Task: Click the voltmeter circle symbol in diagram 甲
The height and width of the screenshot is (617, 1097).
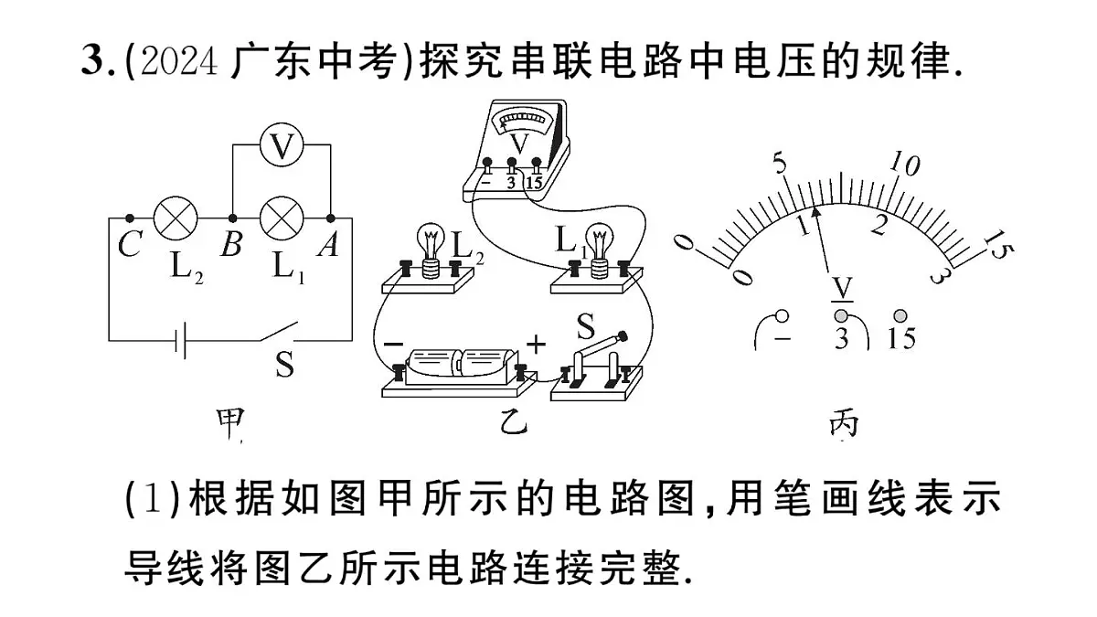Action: (282, 144)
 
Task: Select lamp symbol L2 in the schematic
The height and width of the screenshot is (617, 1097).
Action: (176, 218)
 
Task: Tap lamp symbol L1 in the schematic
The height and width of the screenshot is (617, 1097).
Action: (282, 218)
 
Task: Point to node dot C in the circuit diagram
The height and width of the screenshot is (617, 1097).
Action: (130, 218)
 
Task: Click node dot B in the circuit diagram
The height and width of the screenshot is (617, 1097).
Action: (232, 218)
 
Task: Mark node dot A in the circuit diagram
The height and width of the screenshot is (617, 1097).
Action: (331, 218)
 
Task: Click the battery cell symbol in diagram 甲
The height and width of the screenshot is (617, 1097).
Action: (180, 340)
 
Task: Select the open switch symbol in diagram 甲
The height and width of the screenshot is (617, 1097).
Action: (278, 332)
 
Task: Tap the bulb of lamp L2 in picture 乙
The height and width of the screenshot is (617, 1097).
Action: (431, 239)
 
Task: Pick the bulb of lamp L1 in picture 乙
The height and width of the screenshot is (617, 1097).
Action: (599, 239)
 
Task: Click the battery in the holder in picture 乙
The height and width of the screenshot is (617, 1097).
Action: (462, 367)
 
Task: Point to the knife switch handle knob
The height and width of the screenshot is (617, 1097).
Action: (623, 336)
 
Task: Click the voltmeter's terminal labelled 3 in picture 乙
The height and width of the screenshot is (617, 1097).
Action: (511, 162)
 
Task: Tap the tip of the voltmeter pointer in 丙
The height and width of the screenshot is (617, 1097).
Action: (815, 207)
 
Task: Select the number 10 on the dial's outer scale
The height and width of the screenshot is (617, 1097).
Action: (904, 164)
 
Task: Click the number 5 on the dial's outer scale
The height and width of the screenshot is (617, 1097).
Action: (779, 163)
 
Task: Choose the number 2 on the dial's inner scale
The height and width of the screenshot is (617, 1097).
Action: (880, 225)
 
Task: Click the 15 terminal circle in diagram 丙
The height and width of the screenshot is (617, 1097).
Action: (900, 316)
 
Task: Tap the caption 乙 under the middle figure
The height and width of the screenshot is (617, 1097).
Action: (514, 423)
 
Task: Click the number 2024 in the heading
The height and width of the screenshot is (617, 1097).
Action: (179, 62)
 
